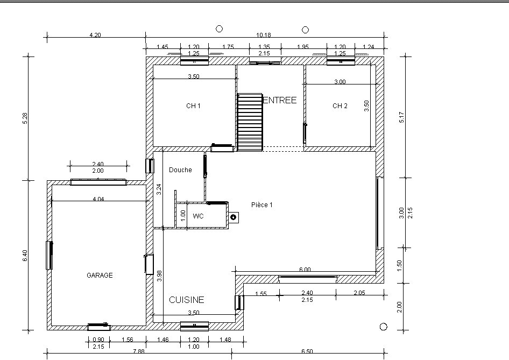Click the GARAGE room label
[x=100, y=276]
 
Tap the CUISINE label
[x=187, y=300]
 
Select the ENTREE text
[x=280, y=100]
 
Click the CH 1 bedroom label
[x=193, y=106]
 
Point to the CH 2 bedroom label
[x=340, y=106]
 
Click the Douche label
[x=180, y=170]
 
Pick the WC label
[x=198, y=216]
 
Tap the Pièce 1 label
[x=262, y=205]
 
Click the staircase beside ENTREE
[x=250, y=122]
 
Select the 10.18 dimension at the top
[x=264, y=35]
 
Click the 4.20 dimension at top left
[x=95, y=35]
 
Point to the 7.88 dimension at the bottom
[x=139, y=351]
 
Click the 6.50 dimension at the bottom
[x=307, y=351]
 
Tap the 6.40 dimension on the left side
[x=25, y=256]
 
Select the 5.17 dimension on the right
[x=401, y=117]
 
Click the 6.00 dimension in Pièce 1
[x=305, y=270]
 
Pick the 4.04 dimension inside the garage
[x=98, y=199]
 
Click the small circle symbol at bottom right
[x=384, y=327]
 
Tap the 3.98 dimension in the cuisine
[x=159, y=276]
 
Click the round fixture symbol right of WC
[x=233, y=217]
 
